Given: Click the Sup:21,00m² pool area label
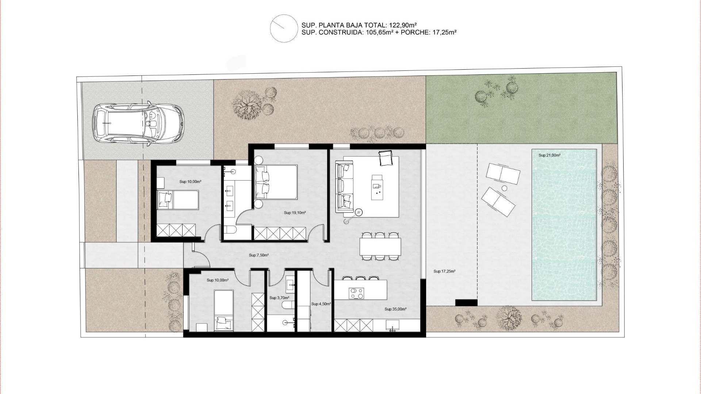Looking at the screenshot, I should (549, 155).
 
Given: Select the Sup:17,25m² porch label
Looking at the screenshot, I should (444, 271).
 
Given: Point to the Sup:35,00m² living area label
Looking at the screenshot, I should (395, 309).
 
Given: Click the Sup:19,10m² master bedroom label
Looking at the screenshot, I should (295, 213).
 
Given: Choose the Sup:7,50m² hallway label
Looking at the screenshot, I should (259, 255).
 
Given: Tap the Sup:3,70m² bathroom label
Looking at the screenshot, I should (279, 298).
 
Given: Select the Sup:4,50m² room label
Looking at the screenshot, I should (321, 304).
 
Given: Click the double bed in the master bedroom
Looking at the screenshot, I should (276, 182).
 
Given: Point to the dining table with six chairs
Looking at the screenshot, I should (380, 247).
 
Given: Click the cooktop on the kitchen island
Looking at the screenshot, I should (356, 293).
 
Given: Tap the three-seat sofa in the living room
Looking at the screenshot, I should (345, 188).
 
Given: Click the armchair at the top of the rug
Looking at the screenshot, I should (385, 158).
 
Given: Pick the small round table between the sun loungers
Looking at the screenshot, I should (504, 188).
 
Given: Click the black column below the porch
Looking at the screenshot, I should (466, 303).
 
